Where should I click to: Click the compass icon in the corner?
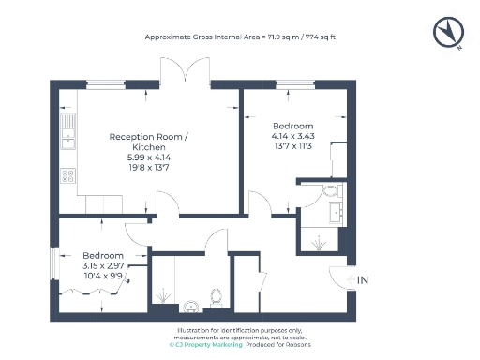point(448,33)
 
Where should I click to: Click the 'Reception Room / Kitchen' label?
point(147,142)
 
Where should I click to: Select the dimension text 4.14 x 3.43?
point(292,136)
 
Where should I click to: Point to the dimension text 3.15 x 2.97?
point(102,266)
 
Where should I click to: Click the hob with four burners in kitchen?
point(68,174)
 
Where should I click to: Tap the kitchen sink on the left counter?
point(68,141)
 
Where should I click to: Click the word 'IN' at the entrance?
point(364,279)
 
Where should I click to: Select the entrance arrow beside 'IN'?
point(349,279)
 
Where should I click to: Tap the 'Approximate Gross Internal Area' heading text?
point(239,37)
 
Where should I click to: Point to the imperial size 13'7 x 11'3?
point(292,145)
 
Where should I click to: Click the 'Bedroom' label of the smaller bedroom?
point(102,256)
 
